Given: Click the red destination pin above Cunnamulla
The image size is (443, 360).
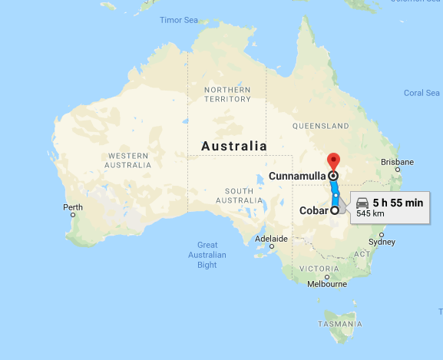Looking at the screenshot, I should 333,161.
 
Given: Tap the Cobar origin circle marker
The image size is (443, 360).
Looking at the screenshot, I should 335,210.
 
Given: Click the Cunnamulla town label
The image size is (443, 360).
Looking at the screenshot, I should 297,176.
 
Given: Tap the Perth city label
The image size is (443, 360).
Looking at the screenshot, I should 73,207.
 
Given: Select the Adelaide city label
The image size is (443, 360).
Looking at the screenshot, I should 271,239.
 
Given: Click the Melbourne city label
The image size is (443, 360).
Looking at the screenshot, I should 327,283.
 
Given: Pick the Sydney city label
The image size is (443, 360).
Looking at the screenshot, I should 382,242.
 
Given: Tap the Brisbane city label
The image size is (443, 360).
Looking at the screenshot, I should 398,162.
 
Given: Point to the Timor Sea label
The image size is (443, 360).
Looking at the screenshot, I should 178,20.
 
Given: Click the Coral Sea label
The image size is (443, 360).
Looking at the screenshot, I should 422,93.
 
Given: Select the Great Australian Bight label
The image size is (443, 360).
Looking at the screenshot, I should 207,255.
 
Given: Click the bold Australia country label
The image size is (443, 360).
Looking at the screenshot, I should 234,146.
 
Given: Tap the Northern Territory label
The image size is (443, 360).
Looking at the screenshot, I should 227,94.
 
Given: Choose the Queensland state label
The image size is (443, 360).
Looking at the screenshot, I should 322,125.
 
